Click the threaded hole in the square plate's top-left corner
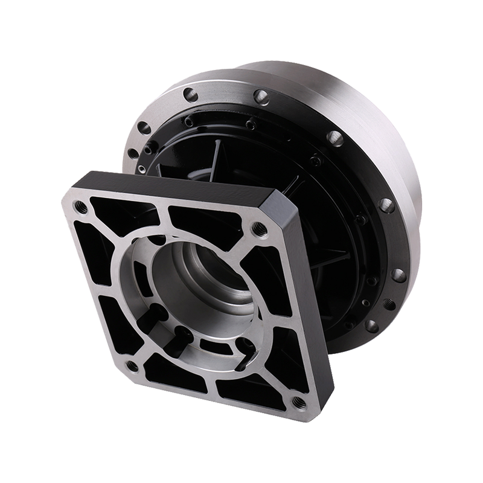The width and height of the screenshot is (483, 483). (80, 207)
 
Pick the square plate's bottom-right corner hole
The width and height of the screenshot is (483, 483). (297, 401)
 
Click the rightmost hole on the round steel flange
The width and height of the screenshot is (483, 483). (398, 275)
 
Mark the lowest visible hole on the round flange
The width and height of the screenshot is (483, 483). (372, 325)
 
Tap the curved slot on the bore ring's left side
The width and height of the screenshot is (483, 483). (138, 272)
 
